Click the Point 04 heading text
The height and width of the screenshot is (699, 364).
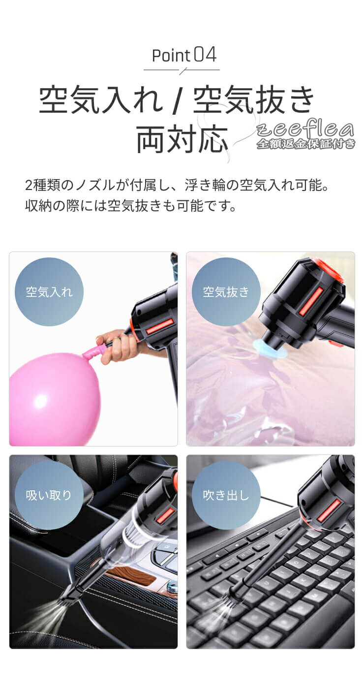184,55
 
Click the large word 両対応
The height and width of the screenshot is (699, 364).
182,139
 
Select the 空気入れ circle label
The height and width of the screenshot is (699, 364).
49,292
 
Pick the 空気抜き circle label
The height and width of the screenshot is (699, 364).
226,292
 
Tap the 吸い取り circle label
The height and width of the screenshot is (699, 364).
49,495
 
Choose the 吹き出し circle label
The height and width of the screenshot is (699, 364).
226,495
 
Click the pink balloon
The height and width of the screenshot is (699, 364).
56,396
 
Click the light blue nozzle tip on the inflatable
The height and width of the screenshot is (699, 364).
269,349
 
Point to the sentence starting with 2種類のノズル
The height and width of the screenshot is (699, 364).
177,186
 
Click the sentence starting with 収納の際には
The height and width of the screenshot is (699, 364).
130,206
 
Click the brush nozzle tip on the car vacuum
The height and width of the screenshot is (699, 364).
69,596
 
